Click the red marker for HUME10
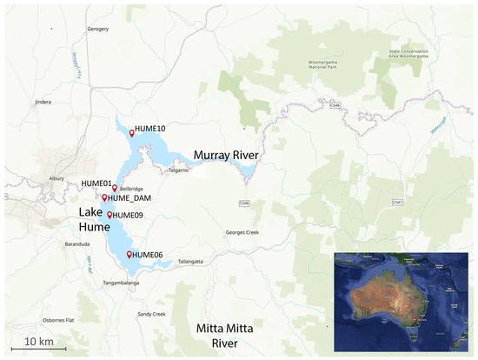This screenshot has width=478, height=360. click(x=132, y=133)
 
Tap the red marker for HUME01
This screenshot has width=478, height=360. click(x=115, y=188)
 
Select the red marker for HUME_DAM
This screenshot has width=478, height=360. click(x=104, y=197)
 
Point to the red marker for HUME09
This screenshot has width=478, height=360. click(x=110, y=214)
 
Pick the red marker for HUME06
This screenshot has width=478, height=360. click(x=129, y=254)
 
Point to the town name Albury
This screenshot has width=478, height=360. click(x=56, y=177)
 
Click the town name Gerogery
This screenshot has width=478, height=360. click(x=97, y=29)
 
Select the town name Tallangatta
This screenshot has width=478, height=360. click(x=189, y=261)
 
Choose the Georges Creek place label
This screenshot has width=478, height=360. click(x=242, y=232)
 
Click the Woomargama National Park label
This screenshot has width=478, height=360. click(x=331, y=68)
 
